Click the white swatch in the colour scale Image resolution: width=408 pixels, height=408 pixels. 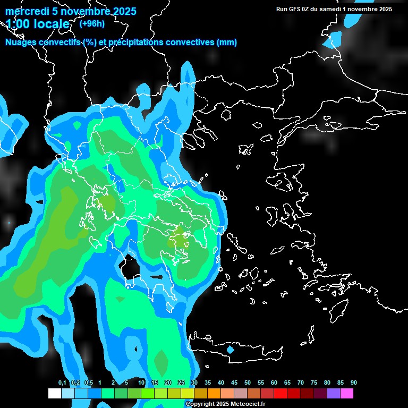point(54,394)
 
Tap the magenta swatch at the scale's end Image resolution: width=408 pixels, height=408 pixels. point(347,394)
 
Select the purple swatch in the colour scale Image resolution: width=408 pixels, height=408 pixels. point(334,394)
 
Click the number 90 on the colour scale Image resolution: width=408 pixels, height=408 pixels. point(353,383)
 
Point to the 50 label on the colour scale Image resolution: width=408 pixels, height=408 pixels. point(247,383)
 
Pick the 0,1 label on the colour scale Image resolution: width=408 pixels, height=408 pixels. point(62,383)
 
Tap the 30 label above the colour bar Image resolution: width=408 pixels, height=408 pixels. point(194,383)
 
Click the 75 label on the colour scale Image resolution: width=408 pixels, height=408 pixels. point(313,383)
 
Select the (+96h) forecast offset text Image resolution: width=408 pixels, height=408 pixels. point(92,23)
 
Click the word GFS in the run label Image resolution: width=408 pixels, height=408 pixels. point(294,9)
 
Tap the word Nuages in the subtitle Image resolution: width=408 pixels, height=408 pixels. point(20,42)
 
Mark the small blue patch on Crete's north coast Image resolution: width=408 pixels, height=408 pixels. point(230,350)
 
